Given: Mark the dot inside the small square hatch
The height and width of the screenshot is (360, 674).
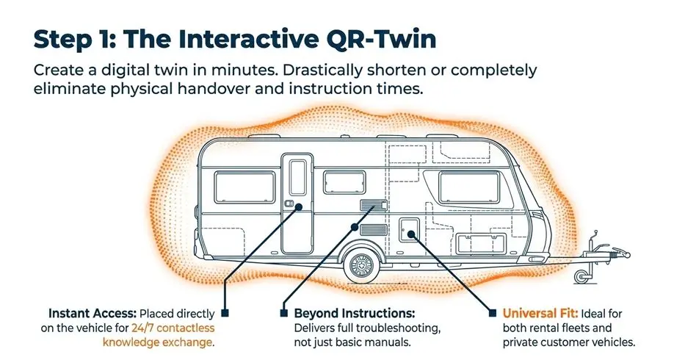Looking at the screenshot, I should click(x=409, y=234).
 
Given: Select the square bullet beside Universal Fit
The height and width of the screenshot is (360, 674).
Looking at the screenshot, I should click(x=490, y=312).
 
